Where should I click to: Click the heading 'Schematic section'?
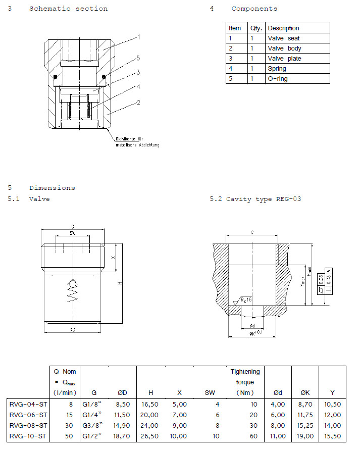point(68,9)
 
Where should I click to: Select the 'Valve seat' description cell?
point(285,38)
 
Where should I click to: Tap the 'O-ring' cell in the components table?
point(278,79)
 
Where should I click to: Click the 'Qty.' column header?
point(256,28)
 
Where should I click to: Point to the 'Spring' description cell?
point(277,69)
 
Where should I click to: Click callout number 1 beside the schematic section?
point(138,37)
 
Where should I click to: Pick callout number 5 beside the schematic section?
point(138,58)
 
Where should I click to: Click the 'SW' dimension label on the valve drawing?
point(73,233)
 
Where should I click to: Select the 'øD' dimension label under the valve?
point(73,330)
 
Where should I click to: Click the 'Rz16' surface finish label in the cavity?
point(246,299)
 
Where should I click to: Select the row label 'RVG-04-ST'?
point(28,404)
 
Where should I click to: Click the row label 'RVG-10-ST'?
point(28,435)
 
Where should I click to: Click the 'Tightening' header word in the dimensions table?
point(245,372)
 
